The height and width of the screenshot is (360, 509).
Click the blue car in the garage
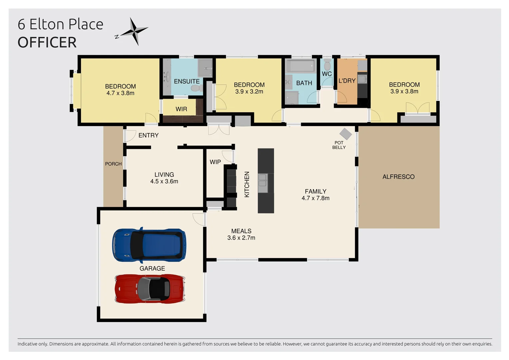pyautogui.click(x=149, y=245)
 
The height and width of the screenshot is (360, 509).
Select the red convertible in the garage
pyautogui.click(x=150, y=289)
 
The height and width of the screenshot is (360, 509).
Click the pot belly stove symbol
pyautogui.click(x=345, y=134)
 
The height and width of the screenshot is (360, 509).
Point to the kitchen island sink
pyautogui.click(x=262, y=183)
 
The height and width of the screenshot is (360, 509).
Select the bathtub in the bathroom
pyautogui.click(x=300, y=66)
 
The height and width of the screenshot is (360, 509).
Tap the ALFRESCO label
pyautogui.click(x=398, y=177)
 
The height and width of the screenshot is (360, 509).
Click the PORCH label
pyautogui.click(x=113, y=164)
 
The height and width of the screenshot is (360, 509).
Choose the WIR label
pyautogui.click(x=181, y=109)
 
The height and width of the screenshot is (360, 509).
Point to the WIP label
pyautogui.click(x=215, y=162)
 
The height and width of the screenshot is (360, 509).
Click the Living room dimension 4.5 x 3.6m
pyautogui.click(x=164, y=181)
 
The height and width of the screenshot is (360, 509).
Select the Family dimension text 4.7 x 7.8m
pyautogui.click(x=315, y=198)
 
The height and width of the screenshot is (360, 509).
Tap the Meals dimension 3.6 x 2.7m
pyautogui.click(x=241, y=238)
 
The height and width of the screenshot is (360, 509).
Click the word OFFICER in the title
pyautogui.click(x=47, y=42)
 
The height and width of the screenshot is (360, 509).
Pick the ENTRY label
pyautogui.click(x=148, y=135)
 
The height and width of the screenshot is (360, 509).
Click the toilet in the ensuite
pyautogui.click(x=196, y=88)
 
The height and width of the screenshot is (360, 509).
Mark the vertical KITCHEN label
pyautogui.click(x=247, y=184)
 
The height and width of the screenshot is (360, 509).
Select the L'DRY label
pyautogui.click(x=347, y=81)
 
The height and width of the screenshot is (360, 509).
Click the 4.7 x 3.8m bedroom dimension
pyautogui.click(x=120, y=93)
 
